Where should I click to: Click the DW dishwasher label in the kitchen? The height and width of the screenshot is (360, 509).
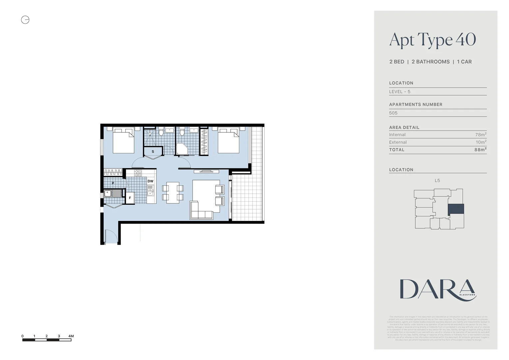(151, 181)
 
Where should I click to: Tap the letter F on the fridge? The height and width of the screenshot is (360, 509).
(130, 198)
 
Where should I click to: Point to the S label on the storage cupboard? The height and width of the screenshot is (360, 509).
(153, 152)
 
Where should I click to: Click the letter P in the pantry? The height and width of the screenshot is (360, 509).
(113, 183)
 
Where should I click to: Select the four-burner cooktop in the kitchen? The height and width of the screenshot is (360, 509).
(138, 173)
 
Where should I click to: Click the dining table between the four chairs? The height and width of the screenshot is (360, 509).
(173, 193)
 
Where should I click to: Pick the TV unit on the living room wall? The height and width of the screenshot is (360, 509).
(206, 171)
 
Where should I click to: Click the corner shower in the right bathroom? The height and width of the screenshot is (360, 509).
(182, 149)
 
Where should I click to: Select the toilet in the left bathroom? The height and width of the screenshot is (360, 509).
(161, 133)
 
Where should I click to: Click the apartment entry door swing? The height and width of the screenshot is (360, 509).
(111, 237)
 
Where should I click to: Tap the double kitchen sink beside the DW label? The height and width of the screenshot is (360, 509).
(151, 191)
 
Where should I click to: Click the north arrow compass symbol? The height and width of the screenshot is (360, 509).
(25, 20)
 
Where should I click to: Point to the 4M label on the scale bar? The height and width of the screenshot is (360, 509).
(71, 336)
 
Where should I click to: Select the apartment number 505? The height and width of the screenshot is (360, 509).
(393, 113)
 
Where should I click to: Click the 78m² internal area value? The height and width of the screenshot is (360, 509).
(481, 135)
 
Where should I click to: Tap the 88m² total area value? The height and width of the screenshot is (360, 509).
(480, 150)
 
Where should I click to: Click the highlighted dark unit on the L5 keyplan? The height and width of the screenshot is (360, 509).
(456, 209)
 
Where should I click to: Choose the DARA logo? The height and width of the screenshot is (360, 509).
(438, 290)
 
